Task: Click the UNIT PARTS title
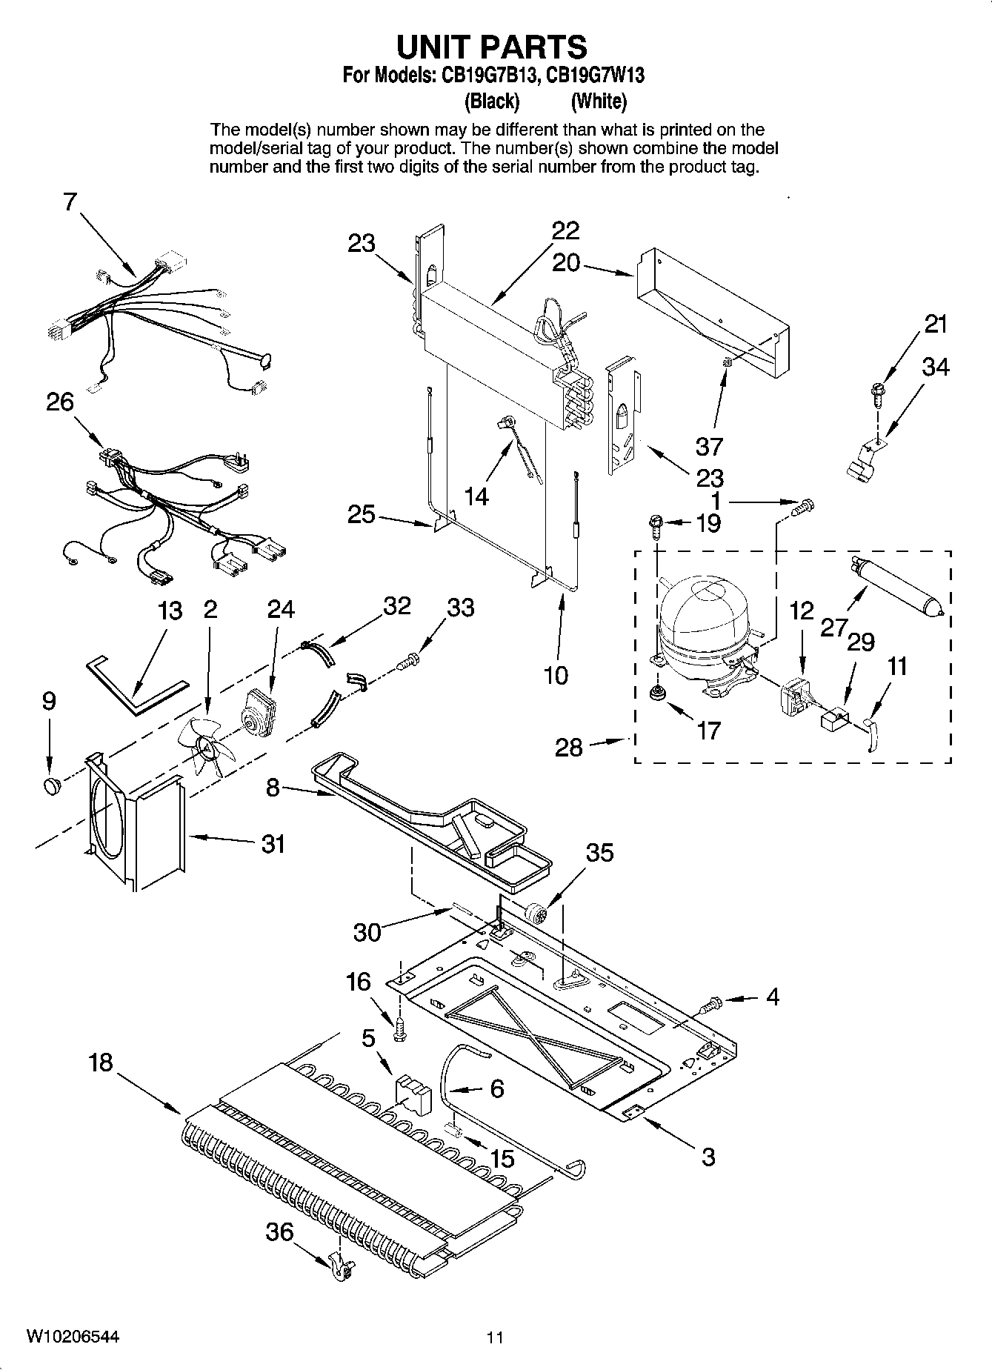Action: point(492,47)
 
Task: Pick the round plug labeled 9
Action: point(51,785)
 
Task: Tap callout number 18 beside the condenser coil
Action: point(100,1063)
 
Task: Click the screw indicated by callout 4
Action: point(709,1005)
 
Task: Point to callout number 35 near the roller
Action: point(600,853)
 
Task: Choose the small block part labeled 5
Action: point(413,1094)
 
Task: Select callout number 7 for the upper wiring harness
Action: point(70,201)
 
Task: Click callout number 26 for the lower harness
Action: point(60,402)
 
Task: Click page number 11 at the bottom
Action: point(495,1337)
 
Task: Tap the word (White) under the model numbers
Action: point(599,100)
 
